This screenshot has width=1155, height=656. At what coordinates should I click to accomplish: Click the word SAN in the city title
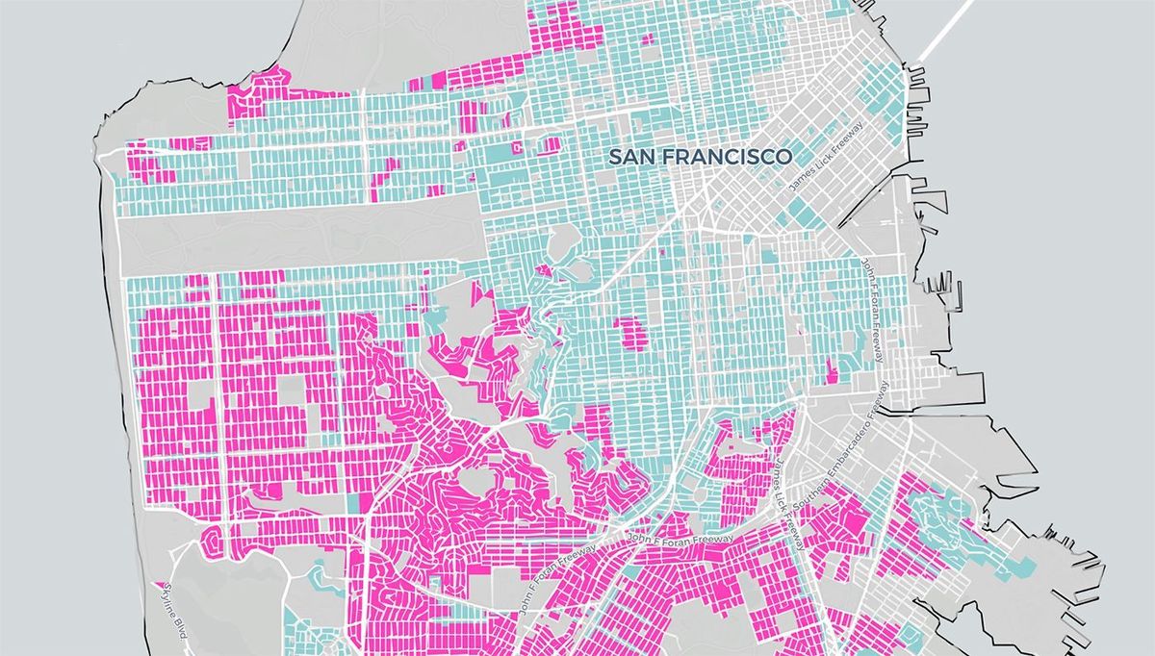tap(633, 156)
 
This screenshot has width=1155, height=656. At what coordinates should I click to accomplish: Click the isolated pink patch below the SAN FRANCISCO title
tap(630, 332)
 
